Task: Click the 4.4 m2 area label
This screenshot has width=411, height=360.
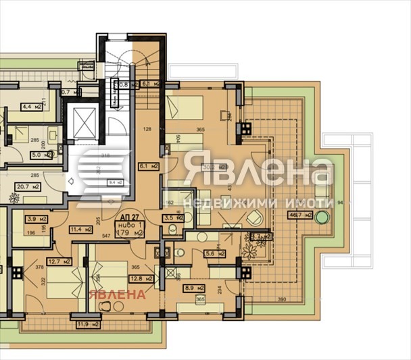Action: point(32,106)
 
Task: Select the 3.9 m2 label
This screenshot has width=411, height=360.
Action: point(35,220)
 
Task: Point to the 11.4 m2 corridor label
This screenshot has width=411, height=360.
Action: point(81,230)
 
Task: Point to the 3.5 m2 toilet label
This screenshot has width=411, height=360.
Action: point(174,219)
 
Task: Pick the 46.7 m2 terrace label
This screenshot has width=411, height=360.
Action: point(300,215)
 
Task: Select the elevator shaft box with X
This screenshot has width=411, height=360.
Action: point(87,122)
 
